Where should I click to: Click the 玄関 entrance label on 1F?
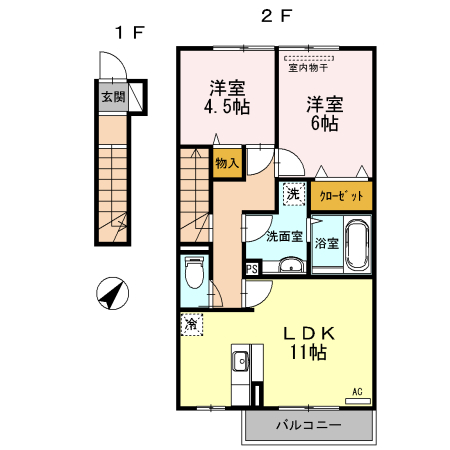(113, 97)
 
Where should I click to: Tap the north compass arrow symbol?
(112, 293)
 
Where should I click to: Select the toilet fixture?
(194, 272)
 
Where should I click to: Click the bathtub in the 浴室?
(357, 244)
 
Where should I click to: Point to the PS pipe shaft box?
(252, 268)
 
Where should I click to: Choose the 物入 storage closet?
(227, 163)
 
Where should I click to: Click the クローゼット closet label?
(341, 196)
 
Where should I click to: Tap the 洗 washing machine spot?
(294, 194)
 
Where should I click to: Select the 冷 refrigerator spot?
(192, 324)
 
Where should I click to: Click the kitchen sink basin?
(240, 361)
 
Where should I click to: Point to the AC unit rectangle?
(358, 401)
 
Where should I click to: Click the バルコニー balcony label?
(309, 425)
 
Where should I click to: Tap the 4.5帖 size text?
(227, 107)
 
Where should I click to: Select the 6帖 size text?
(325, 123)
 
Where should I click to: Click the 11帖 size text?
(308, 352)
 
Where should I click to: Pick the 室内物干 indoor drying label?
(308, 68)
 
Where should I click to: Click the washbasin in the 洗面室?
(292, 266)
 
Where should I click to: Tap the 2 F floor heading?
(277, 16)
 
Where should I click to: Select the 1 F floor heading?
(130, 33)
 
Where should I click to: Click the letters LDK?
(309, 333)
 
